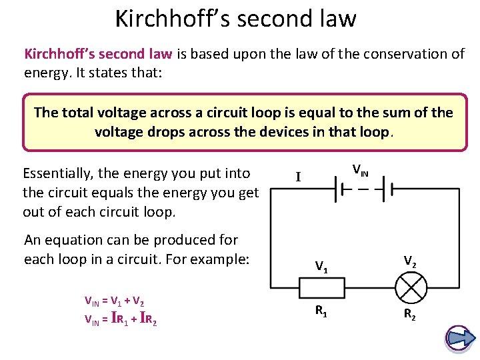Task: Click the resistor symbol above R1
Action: [x=322, y=287]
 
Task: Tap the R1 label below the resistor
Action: [x=321, y=309]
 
